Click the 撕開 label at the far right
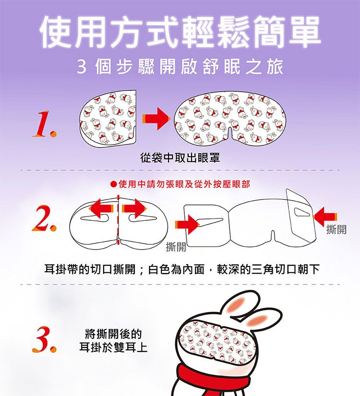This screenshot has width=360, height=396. (336, 230)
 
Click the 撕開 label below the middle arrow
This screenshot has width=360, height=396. (176, 248)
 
